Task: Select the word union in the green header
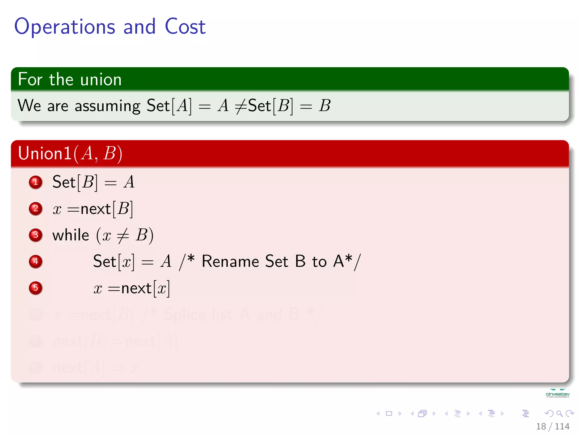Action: click(x=101, y=79)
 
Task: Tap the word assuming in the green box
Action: click(x=107, y=106)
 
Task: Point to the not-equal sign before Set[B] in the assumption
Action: click(x=241, y=106)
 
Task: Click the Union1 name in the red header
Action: click(x=44, y=153)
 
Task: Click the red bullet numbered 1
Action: click(x=36, y=182)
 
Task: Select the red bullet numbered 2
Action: click(x=36, y=209)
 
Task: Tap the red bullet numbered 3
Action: click(x=36, y=235)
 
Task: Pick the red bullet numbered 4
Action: click(x=36, y=261)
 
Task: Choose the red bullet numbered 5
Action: click(x=36, y=288)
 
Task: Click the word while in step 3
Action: click(x=71, y=235)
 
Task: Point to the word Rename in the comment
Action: click(x=230, y=261)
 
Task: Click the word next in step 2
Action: click(x=95, y=209)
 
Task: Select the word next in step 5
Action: click(x=136, y=289)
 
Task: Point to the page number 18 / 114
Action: click(x=553, y=426)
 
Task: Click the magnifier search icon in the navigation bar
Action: click(x=559, y=413)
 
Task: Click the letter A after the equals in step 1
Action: click(x=129, y=182)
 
